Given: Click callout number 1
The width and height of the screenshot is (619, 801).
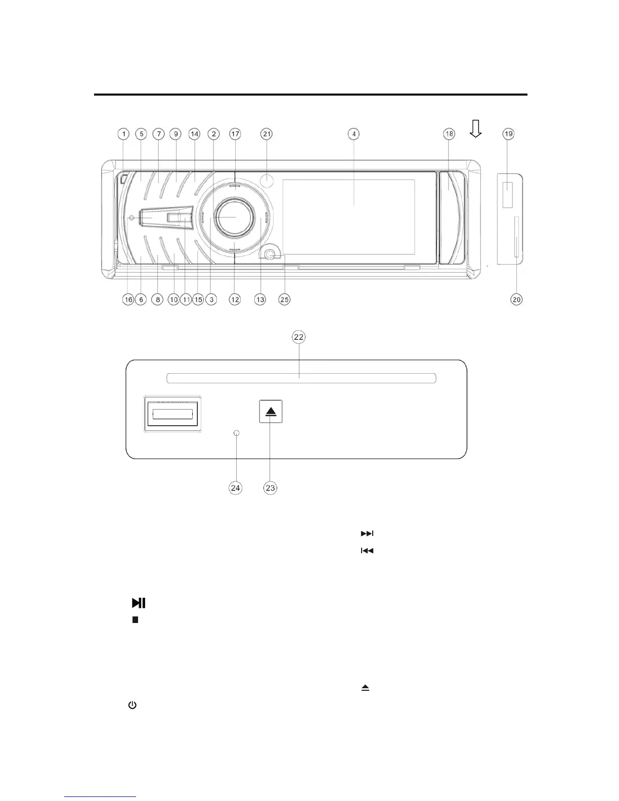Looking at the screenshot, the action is pyautogui.click(x=123, y=134).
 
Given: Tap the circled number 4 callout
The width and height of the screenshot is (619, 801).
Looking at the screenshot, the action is pyautogui.click(x=354, y=134).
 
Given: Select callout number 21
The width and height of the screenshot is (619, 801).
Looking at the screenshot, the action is pyautogui.click(x=267, y=134).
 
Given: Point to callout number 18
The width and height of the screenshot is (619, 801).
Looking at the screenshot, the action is pyautogui.click(x=449, y=134).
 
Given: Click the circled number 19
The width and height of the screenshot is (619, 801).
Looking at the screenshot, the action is pyautogui.click(x=508, y=134).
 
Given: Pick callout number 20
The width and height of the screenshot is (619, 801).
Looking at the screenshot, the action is pyautogui.click(x=516, y=299).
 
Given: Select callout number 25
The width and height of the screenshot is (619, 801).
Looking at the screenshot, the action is pyautogui.click(x=285, y=299).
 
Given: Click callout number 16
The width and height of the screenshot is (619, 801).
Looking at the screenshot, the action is pyautogui.click(x=128, y=299).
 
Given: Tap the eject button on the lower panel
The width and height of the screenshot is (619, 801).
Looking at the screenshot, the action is pyautogui.click(x=271, y=412).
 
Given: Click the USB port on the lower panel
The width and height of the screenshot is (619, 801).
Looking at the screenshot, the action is pyautogui.click(x=172, y=414).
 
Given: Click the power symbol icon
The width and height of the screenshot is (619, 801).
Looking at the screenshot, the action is pyautogui.click(x=132, y=704).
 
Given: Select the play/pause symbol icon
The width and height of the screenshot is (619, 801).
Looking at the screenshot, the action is pyautogui.click(x=139, y=602).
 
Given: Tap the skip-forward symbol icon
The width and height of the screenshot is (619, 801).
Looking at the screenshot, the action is pyautogui.click(x=367, y=533).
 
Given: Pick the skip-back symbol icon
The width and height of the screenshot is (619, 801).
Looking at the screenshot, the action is pyautogui.click(x=367, y=551).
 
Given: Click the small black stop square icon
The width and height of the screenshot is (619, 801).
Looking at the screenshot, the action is pyautogui.click(x=136, y=619).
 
